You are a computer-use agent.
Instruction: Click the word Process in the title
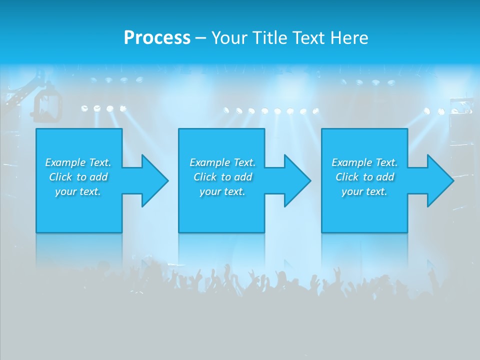(x=157, y=38)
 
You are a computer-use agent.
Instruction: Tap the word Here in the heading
(x=349, y=38)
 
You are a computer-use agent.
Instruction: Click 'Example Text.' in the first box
(x=78, y=162)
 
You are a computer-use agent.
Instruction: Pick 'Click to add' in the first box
(x=78, y=177)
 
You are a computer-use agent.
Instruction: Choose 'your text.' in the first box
(x=78, y=191)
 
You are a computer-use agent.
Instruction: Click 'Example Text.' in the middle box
(x=222, y=162)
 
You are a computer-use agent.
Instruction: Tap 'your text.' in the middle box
(x=222, y=191)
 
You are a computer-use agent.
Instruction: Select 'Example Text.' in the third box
(x=364, y=162)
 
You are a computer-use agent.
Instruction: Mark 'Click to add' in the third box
(x=364, y=177)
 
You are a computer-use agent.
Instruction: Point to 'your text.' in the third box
(x=364, y=191)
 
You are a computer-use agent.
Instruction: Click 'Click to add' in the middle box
(x=222, y=177)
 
